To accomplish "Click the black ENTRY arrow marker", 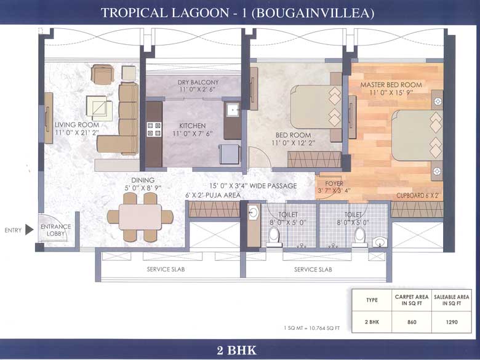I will click(x=29, y=230).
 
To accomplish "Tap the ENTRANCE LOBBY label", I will click(x=56, y=230).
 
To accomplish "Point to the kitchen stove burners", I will click(x=154, y=129).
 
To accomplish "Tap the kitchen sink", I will click(x=232, y=110).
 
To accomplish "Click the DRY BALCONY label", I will click(x=198, y=82).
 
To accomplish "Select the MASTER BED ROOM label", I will click(x=391, y=84).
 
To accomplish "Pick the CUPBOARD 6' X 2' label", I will click(x=417, y=196).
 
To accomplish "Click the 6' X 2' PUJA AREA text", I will click(x=213, y=195).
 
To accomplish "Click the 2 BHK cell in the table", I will click(x=372, y=322).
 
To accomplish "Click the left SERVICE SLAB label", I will click(x=166, y=270).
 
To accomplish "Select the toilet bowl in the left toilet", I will click(x=274, y=236).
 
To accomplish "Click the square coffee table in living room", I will click(x=99, y=108).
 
